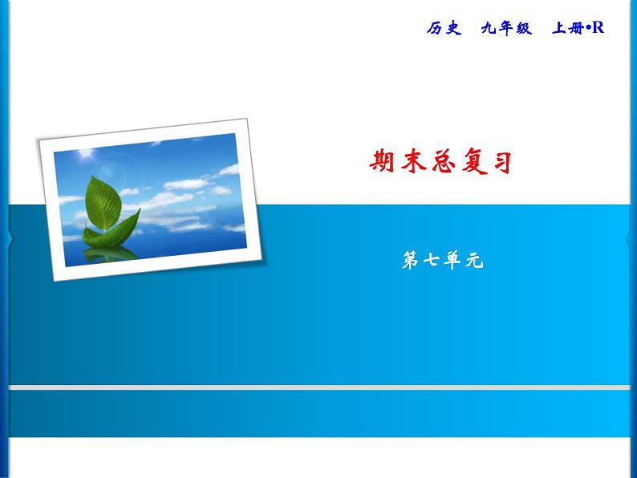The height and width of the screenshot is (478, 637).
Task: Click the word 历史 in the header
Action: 444,28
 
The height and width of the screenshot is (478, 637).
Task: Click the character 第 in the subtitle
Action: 409,261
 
